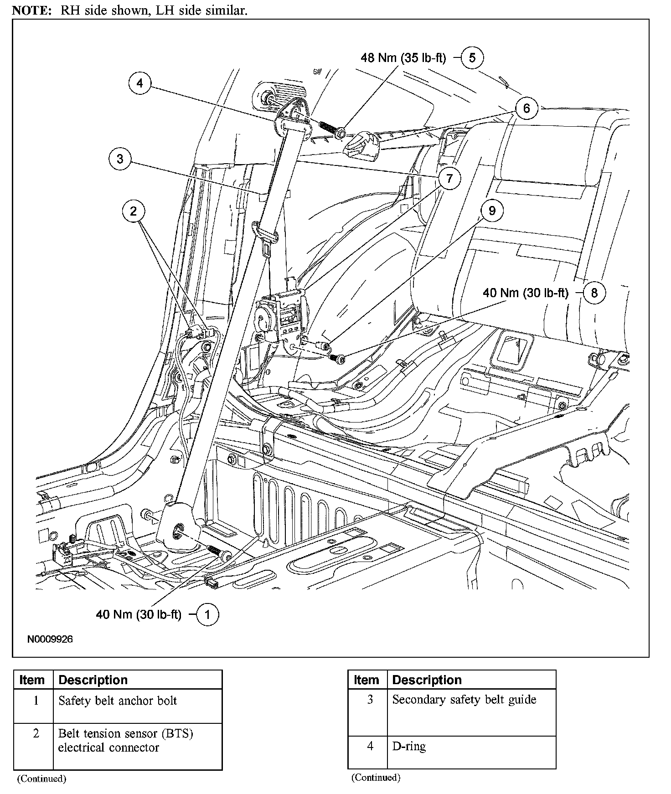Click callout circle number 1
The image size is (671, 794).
(207, 615)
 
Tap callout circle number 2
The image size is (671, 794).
(133, 211)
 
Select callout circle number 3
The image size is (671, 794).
(120, 159)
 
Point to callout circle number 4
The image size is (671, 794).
(139, 83)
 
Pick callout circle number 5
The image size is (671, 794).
(472, 58)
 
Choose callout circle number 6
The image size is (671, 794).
(526, 108)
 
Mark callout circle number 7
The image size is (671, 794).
(449, 178)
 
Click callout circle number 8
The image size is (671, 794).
(594, 292)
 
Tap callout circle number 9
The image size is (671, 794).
(491, 211)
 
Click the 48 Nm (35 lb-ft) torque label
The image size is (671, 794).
(403, 58)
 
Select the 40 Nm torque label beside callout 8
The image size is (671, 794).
(526, 293)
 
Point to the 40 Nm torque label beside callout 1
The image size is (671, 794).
(139, 615)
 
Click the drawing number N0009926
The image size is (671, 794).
(50, 639)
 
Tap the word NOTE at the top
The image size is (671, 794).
(32, 10)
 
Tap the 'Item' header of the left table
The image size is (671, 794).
(32, 680)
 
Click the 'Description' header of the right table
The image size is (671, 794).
(427, 680)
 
